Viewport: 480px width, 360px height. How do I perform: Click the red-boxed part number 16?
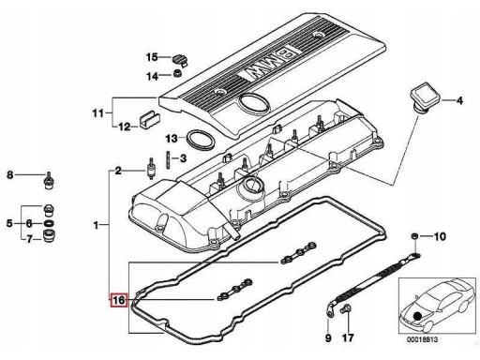[119, 300]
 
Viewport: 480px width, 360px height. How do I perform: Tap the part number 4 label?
[459, 100]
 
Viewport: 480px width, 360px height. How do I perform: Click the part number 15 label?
[152, 57]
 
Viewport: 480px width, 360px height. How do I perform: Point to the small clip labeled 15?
[180, 60]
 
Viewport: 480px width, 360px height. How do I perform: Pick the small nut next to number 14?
[178, 74]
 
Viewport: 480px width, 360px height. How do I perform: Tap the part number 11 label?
[97, 112]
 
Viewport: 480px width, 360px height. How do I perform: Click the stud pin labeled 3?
[169, 160]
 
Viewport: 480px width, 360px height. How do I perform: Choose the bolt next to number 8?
[49, 181]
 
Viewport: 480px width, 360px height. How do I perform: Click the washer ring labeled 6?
[49, 223]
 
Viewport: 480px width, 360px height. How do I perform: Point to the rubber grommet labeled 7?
[49, 236]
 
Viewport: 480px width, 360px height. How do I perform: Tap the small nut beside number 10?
[414, 236]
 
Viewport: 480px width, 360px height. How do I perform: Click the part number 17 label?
[348, 337]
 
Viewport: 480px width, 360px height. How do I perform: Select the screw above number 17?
[347, 309]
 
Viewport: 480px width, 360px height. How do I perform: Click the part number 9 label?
[328, 337]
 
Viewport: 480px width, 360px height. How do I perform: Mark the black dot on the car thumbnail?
[417, 316]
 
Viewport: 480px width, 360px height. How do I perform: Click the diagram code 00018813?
[422, 339]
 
